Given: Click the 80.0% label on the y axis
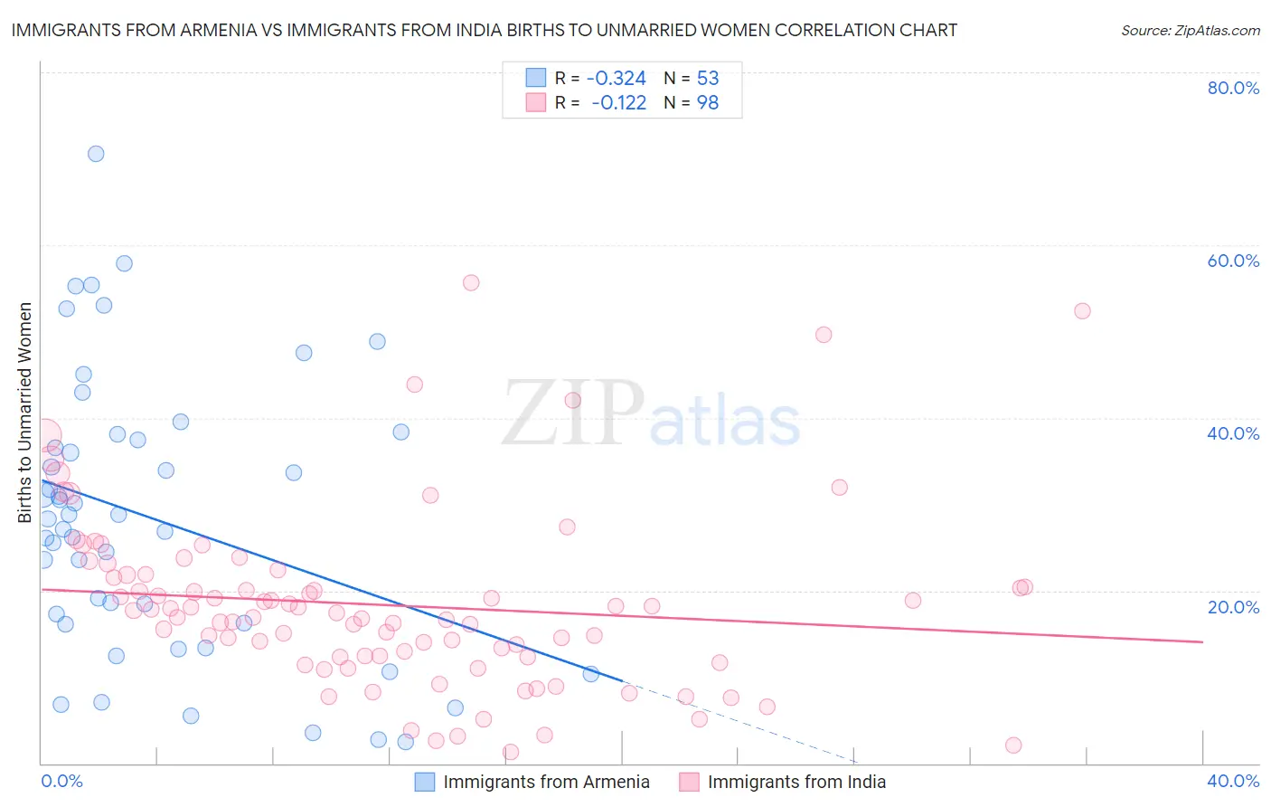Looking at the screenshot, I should pyautogui.click(x=1233, y=88).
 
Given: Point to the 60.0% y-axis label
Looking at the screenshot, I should pyautogui.click(x=1233, y=261).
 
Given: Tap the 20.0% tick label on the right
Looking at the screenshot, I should pyautogui.click(x=1233, y=606).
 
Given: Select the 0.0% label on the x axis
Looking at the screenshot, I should pyautogui.click(x=61, y=781).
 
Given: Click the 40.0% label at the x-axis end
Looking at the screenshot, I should pyautogui.click(x=1233, y=781).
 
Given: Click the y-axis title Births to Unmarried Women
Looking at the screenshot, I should pyautogui.click(x=25, y=413).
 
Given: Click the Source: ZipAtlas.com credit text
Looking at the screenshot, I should pyautogui.click(x=1190, y=30).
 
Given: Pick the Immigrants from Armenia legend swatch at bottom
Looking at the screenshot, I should pyautogui.click(x=425, y=782).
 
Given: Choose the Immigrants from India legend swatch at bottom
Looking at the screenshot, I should pyautogui.click(x=689, y=782).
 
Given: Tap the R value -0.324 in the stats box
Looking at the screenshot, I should pyautogui.click(x=617, y=78).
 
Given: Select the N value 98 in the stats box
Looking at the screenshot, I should pyautogui.click(x=708, y=103).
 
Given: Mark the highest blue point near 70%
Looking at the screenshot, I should pyautogui.click(x=96, y=154).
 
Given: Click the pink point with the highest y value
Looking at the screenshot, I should pyautogui.click(x=471, y=282).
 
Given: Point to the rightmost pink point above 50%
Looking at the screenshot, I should pyautogui.click(x=1082, y=310).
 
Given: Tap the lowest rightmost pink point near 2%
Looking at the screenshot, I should pyautogui.click(x=1013, y=745).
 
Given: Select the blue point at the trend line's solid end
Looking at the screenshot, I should pyautogui.click(x=591, y=673).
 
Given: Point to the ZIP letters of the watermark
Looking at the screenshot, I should pyautogui.click(x=573, y=414).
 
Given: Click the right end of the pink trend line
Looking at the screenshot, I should pyautogui.click(x=1202, y=641).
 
